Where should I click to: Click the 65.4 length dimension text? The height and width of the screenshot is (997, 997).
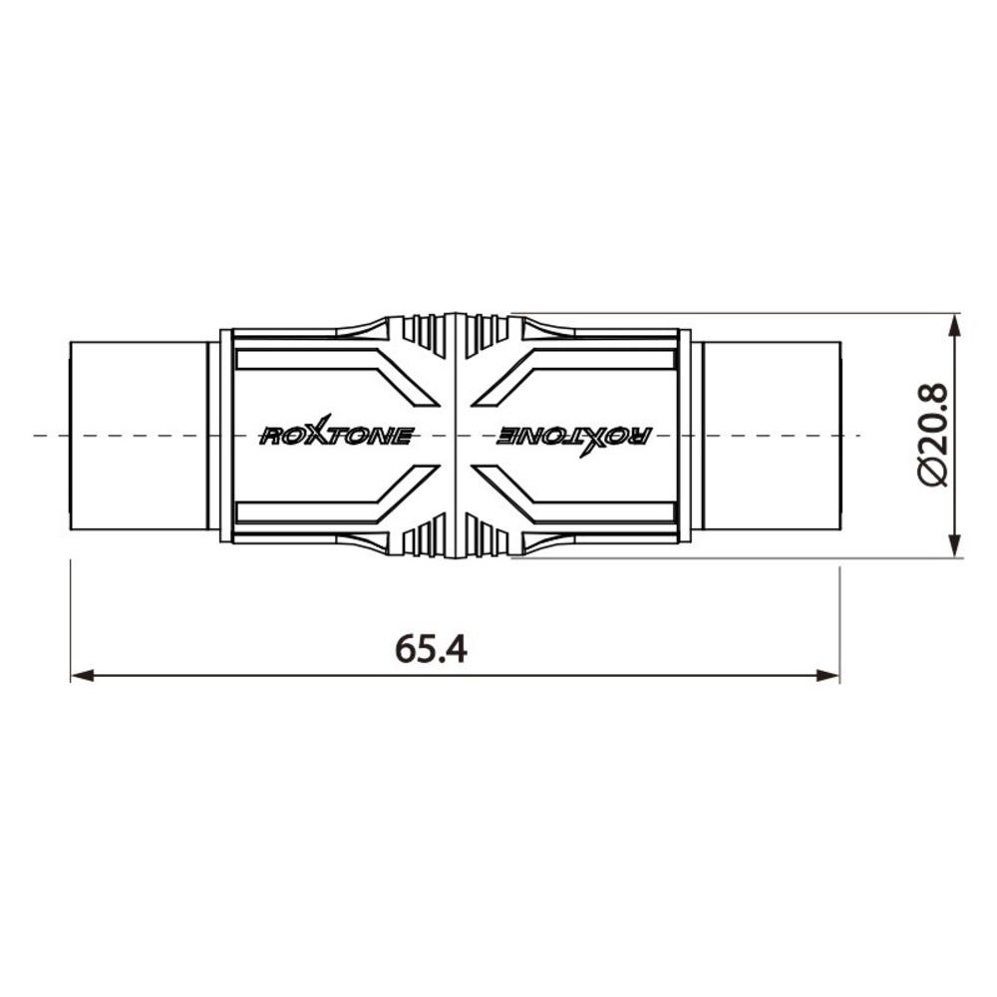tap(431, 649)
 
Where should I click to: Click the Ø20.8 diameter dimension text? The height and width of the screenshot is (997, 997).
tap(934, 435)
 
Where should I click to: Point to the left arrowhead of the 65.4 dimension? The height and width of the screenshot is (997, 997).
tap(82, 675)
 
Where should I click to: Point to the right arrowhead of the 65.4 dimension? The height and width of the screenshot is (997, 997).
tap(828, 675)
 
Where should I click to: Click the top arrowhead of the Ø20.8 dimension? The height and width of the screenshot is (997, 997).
tap(954, 325)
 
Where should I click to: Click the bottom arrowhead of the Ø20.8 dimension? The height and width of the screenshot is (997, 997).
tap(954, 546)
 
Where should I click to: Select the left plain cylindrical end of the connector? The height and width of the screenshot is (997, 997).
tap(138, 437)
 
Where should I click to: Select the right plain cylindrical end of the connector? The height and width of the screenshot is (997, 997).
tap(772, 437)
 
